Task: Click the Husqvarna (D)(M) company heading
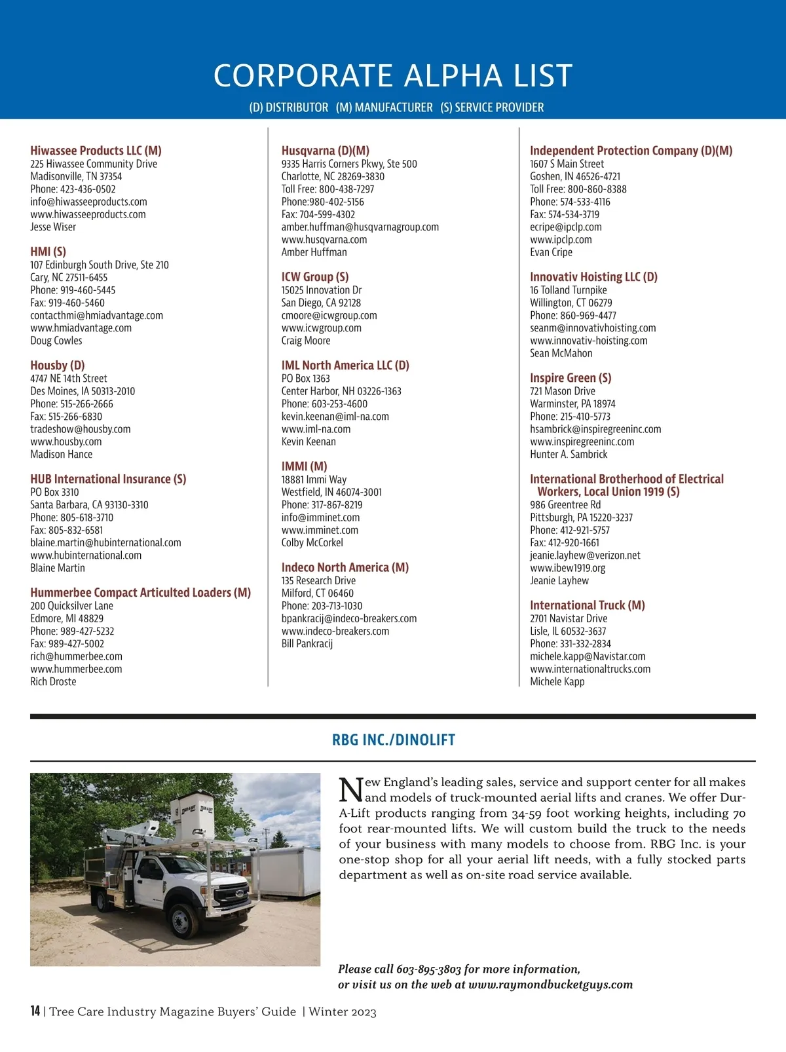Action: tap(326, 151)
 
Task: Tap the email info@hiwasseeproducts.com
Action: tap(88, 202)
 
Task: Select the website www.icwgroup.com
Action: tap(321, 328)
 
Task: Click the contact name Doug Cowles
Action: tap(56, 341)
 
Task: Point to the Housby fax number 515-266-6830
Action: tap(66, 417)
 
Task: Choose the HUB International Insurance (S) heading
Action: tap(108, 479)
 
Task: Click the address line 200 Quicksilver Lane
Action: tap(71, 606)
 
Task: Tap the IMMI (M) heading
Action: tap(304, 466)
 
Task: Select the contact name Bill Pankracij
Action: tap(307, 644)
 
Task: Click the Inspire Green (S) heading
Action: tap(571, 378)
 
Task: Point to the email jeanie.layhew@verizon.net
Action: tap(585, 555)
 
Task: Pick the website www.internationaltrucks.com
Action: tap(590, 669)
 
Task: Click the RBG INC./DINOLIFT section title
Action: tap(394, 740)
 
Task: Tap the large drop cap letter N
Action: tap(351, 789)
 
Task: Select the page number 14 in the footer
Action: tap(35, 1011)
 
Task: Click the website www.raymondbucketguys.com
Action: tap(550, 985)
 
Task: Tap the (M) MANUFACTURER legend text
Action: tap(384, 107)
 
